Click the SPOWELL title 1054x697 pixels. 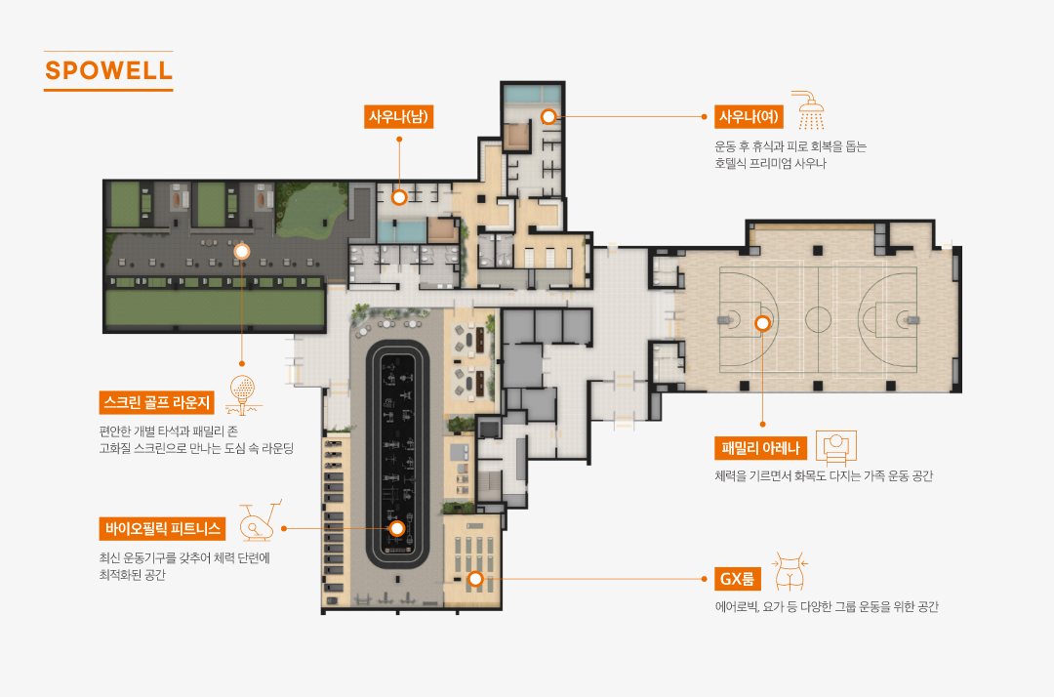(108, 70)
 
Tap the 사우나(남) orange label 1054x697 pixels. (398, 116)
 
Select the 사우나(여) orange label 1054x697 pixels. (749, 116)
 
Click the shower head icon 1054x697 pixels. (809, 109)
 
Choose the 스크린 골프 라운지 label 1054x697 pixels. (156, 402)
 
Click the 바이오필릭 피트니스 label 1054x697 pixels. (162, 528)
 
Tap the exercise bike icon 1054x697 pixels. (259, 521)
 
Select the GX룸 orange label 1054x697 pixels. (737, 578)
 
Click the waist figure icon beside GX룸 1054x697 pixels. (790, 571)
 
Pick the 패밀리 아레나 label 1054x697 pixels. (760, 448)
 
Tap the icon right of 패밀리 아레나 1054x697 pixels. (835, 447)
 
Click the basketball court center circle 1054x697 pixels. (818, 319)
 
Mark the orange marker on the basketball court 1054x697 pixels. (762, 323)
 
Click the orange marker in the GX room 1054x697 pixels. (475, 578)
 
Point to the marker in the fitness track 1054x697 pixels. (396, 528)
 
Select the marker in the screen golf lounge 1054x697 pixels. (241, 252)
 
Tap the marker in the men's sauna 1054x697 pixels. (399, 197)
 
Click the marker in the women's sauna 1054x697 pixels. (548, 116)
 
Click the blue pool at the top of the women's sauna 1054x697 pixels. (533, 94)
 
